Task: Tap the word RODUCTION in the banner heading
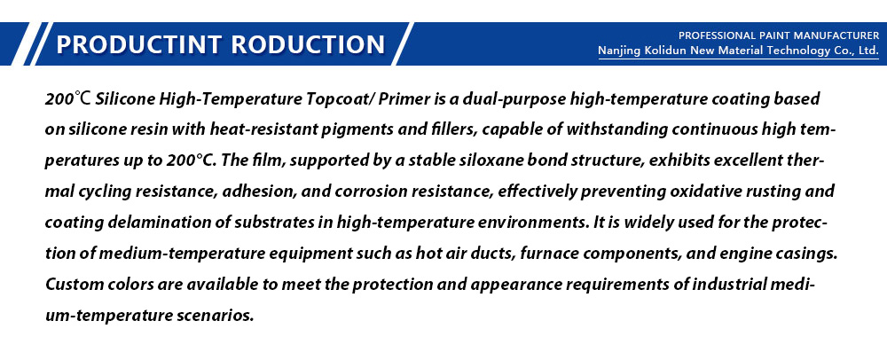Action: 309,44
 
